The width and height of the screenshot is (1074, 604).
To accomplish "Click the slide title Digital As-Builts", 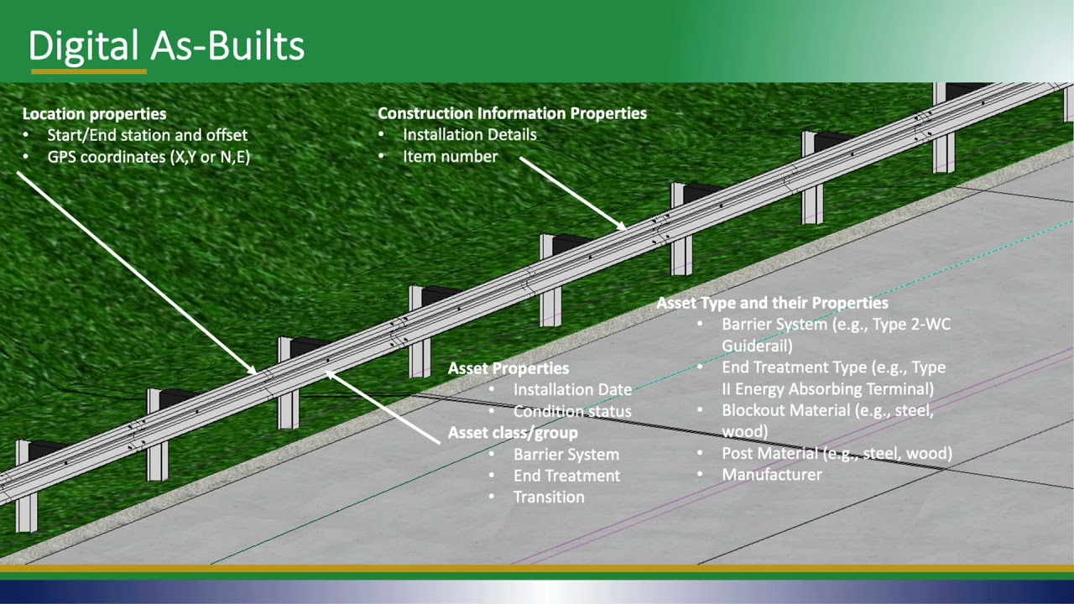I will tap(166, 46).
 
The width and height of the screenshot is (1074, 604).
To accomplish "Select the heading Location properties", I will tap(94, 114).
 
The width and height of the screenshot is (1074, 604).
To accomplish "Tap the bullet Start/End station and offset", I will tap(147, 135).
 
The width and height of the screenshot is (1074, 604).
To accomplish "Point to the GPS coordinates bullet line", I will tap(149, 157).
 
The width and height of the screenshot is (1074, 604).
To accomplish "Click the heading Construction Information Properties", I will tap(512, 113).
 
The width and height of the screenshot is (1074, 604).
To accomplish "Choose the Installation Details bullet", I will tap(469, 134).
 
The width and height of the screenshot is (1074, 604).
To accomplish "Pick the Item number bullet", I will tap(450, 157).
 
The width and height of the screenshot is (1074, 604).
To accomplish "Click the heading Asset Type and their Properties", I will tap(772, 303).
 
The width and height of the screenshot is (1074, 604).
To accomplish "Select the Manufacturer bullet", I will tap(772, 475).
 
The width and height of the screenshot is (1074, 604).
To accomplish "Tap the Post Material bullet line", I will tap(837, 454).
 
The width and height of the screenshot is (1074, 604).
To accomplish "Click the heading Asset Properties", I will tap(508, 368).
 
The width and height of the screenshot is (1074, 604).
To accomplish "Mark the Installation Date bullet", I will tap(572, 390).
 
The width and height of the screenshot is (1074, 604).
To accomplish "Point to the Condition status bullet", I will tap(572, 412).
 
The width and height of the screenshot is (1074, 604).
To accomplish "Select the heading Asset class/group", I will tap(513, 433).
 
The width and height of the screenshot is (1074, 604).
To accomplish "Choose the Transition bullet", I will tap(549, 497).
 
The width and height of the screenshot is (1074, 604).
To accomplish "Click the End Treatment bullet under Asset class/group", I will tap(566, 476).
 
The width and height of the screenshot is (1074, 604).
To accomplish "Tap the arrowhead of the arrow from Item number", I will tap(623, 226).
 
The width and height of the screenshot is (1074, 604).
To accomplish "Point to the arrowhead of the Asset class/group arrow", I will tap(330, 373).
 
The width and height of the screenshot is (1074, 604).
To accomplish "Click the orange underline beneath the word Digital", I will tap(89, 72).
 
